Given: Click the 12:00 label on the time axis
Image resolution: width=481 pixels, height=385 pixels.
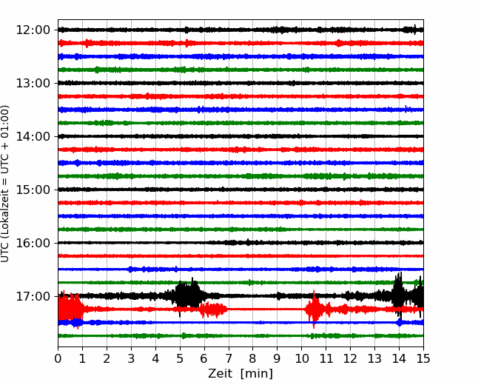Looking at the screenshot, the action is [x=33, y=30].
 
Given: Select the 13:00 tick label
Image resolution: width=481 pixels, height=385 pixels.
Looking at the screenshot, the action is [x=33, y=83].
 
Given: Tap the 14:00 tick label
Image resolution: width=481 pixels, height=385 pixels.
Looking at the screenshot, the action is [x=33, y=136].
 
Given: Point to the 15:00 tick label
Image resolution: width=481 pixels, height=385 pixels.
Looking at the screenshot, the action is [x=33, y=190].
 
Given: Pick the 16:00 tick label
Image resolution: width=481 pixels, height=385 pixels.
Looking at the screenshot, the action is [x=33, y=243].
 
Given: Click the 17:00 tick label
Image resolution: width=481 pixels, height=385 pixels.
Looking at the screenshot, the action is [x=33, y=296].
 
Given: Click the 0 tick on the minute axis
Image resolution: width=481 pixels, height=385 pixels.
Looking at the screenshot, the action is [x=58, y=358].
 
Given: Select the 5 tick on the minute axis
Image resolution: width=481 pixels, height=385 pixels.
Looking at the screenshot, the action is [x=180, y=358].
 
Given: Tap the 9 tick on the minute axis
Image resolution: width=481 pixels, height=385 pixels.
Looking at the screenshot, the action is [x=277, y=358].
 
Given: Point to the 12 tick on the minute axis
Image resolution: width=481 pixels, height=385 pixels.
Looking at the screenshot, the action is [x=350, y=358].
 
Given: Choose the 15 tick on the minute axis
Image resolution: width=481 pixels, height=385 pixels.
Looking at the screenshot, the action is [x=423, y=358].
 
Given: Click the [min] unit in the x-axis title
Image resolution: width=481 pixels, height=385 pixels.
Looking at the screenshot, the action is [x=257, y=374].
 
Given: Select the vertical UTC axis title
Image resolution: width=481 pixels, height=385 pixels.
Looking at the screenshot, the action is [x=4, y=184].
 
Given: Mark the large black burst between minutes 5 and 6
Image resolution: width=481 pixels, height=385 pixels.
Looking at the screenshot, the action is [x=188, y=295].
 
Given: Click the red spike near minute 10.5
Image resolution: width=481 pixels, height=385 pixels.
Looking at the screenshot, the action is [x=314, y=309].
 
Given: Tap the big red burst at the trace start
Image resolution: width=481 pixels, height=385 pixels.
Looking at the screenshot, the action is [x=70, y=309].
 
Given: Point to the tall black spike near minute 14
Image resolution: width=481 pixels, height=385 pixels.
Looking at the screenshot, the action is [x=398, y=294].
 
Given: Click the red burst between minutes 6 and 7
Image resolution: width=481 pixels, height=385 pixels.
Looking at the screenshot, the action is [x=213, y=309].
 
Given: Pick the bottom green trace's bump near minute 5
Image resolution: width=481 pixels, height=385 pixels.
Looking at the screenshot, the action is [x=184, y=335].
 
